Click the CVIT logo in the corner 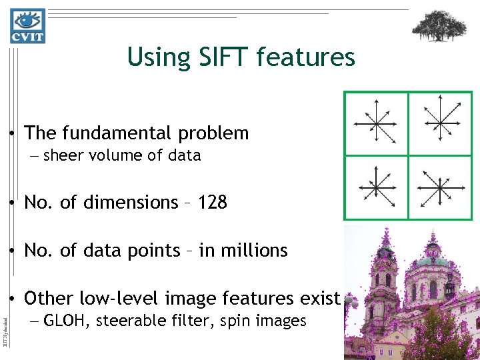[x=27, y=25]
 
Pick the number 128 [x=213, y=202]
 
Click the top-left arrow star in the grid [x=375, y=123]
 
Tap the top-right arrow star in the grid [x=440, y=123]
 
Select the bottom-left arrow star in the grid [x=375, y=187]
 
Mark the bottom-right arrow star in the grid [x=440, y=187]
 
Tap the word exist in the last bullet [x=323, y=298]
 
